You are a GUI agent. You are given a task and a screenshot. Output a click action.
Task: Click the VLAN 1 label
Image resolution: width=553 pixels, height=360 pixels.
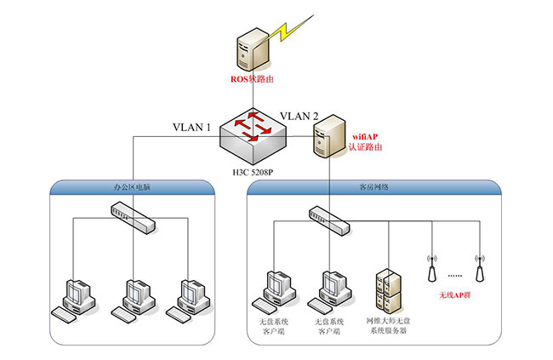pos(191,127)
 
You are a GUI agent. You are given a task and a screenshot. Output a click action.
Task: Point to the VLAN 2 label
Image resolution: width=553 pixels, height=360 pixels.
pos(299,117)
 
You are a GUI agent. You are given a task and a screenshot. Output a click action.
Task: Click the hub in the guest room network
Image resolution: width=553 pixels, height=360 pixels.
pos(329,220)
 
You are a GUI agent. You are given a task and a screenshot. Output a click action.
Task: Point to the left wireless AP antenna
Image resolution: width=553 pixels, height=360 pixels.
pos(431,267)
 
